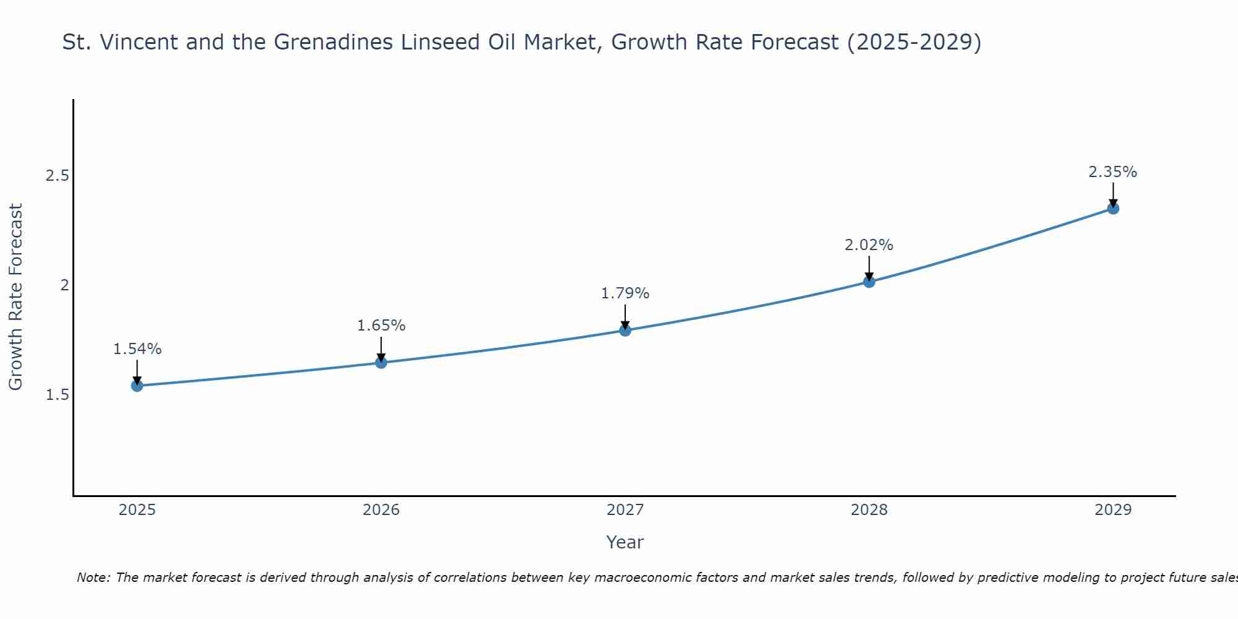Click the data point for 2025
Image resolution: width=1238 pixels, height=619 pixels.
click(x=137, y=386)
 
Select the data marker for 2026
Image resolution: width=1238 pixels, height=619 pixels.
click(x=381, y=362)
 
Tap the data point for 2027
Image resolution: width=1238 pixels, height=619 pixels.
click(x=625, y=330)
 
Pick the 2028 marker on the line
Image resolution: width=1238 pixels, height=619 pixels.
click(x=869, y=282)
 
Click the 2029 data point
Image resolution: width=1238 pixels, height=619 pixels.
click(x=1113, y=209)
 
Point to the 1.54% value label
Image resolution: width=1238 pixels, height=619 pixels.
click(x=137, y=349)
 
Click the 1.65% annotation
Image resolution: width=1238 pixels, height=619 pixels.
click(x=381, y=326)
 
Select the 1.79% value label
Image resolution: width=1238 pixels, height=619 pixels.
click(x=625, y=293)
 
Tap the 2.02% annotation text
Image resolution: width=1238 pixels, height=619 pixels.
click(x=869, y=245)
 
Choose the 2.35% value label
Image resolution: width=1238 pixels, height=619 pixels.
click(x=1113, y=172)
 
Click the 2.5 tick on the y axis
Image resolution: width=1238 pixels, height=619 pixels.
click(x=57, y=176)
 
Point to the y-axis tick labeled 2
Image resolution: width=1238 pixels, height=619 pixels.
click(x=63, y=285)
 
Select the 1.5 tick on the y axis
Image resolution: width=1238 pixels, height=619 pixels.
click(x=57, y=395)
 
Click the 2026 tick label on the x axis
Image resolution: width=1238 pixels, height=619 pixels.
click(x=381, y=510)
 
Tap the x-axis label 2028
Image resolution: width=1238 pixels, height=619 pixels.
click(x=869, y=510)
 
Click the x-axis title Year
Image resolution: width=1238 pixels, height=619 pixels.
click(x=625, y=542)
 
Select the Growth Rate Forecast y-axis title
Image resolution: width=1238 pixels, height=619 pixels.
click(x=15, y=297)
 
